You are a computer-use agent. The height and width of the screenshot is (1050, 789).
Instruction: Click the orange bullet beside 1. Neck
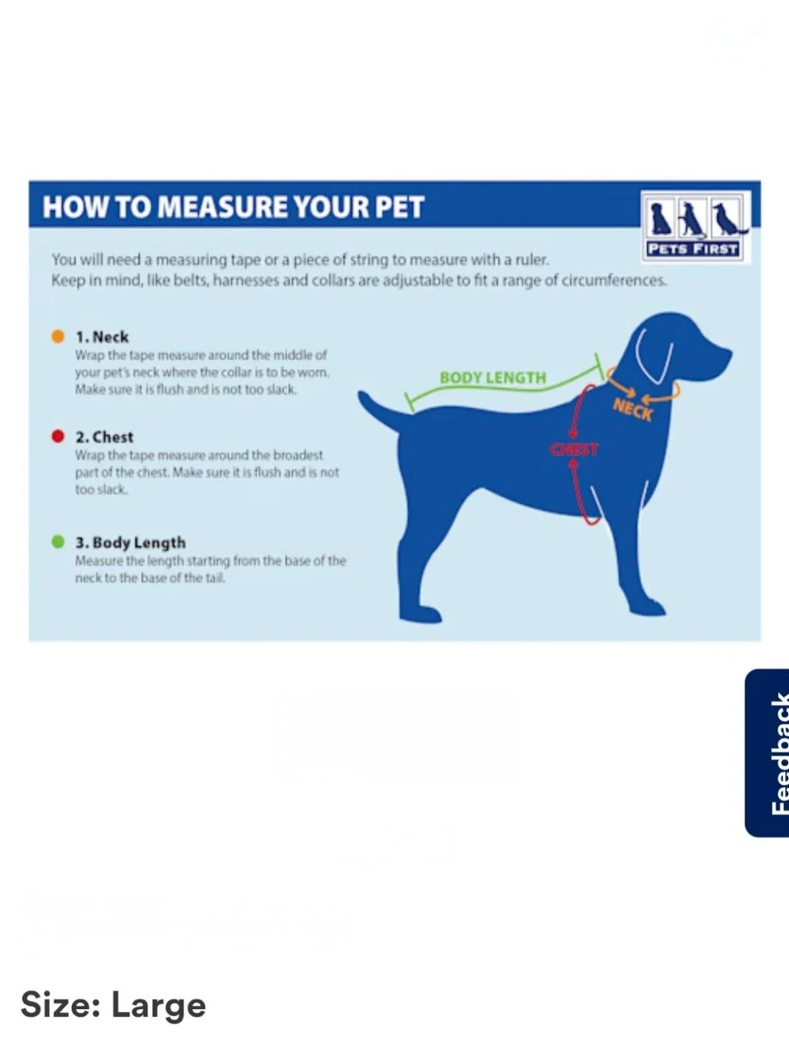[58, 336]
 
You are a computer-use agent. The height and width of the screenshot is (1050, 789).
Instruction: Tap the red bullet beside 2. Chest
[58, 437]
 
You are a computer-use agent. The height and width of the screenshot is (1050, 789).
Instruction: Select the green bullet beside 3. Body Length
[58, 542]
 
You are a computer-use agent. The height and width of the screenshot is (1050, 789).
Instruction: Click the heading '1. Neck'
[103, 337]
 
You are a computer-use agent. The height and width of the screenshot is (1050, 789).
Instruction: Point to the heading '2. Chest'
[105, 437]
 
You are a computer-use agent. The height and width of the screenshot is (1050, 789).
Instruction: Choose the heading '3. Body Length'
[130, 542]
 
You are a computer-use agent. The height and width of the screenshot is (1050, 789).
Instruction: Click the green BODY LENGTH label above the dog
[492, 377]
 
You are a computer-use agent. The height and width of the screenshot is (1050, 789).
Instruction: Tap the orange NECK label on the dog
[632, 410]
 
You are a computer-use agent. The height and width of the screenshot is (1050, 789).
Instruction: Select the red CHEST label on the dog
[574, 449]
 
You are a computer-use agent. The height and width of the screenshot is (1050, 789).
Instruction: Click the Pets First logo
[696, 227]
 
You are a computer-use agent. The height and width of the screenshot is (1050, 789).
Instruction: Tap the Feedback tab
[768, 753]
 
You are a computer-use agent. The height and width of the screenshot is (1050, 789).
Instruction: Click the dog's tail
[380, 410]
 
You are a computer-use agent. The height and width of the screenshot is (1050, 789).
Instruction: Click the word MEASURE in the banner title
[222, 207]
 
